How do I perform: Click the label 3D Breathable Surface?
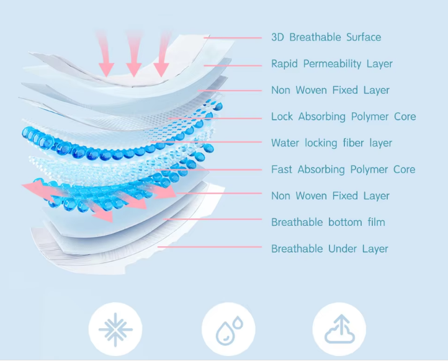(x=326, y=37)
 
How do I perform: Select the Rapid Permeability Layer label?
(x=332, y=64)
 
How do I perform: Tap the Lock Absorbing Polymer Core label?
(x=343, y=117)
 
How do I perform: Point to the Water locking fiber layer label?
(x=331, y=143)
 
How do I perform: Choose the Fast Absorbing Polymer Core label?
(x=343, y=169)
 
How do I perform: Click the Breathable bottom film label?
(x=328, y=222)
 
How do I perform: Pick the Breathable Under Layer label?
(x=329, y=249)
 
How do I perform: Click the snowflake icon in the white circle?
(x=115, y=329)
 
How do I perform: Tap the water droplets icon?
(x=229, y=330)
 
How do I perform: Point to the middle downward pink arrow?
(x=133, y=53)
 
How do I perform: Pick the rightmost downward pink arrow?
(x=163, y=53)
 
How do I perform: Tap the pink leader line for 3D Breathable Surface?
(x=233, y=38)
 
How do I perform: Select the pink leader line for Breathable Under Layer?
(x=210, y=247)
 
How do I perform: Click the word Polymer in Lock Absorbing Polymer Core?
(x=370, y=117)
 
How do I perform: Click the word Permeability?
(x=332, y=64)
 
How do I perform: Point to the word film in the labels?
(x=376, y=222)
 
